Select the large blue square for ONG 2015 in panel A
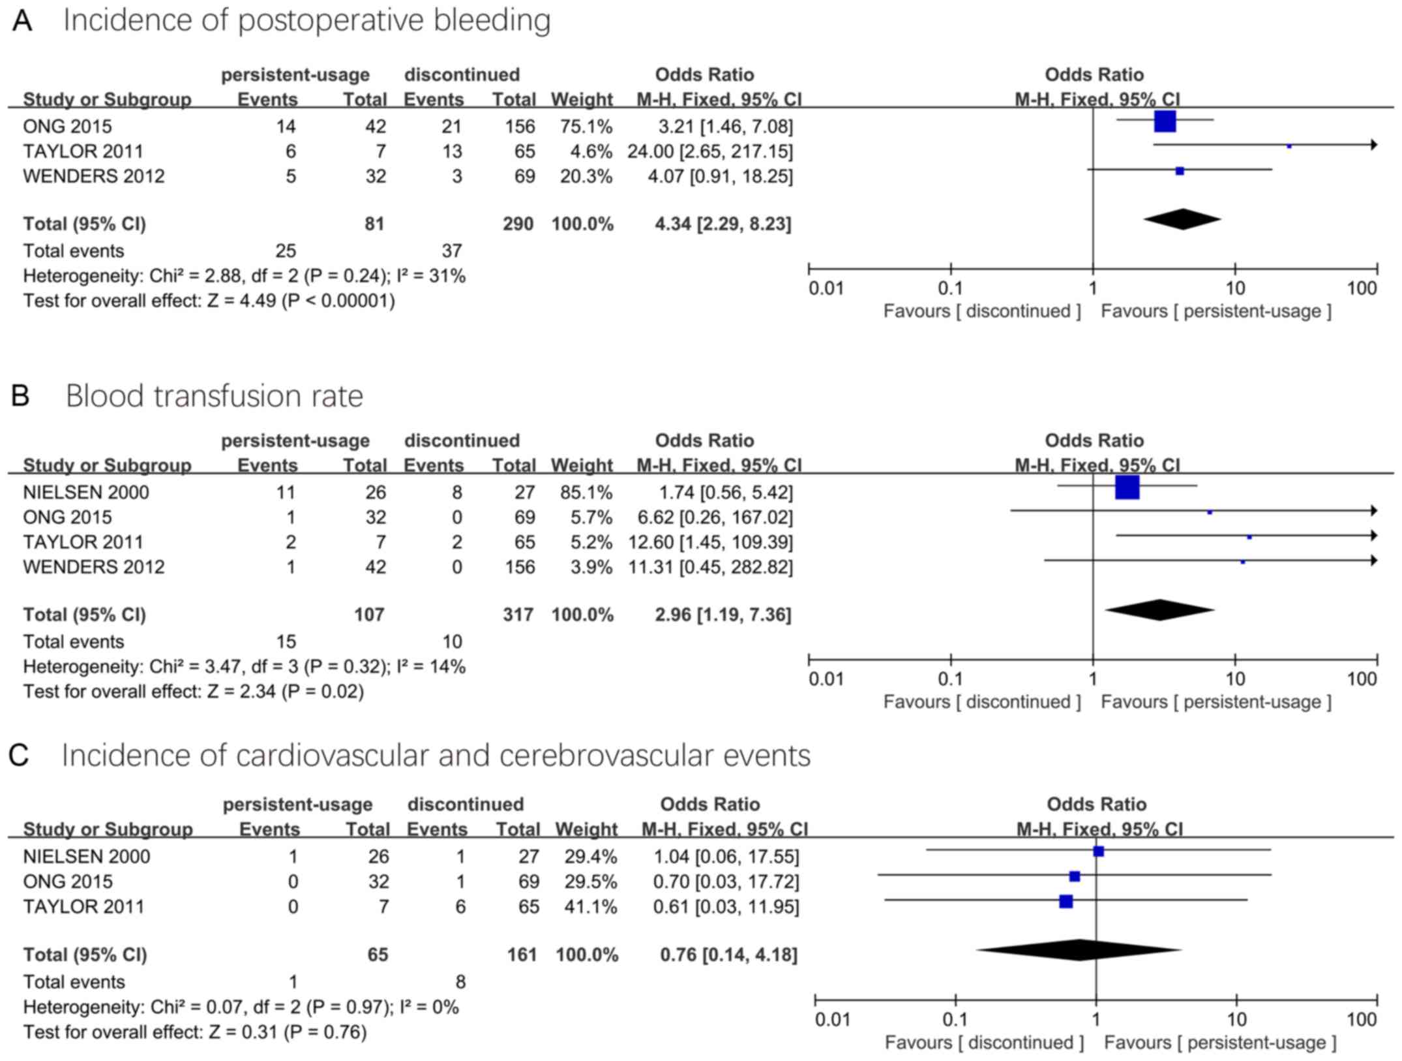[1165, 121]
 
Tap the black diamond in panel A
[1182, 219]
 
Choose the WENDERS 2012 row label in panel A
[94, 176]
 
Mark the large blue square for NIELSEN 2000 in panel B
[1127, 487]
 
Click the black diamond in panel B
[1159, 610]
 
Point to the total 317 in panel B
[518, 615]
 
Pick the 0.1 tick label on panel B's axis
[950, 679]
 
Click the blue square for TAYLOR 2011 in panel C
[1066, 902]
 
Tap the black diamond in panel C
[1079, 950]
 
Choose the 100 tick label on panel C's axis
[1362, 1019]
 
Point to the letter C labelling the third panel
[19, 756]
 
